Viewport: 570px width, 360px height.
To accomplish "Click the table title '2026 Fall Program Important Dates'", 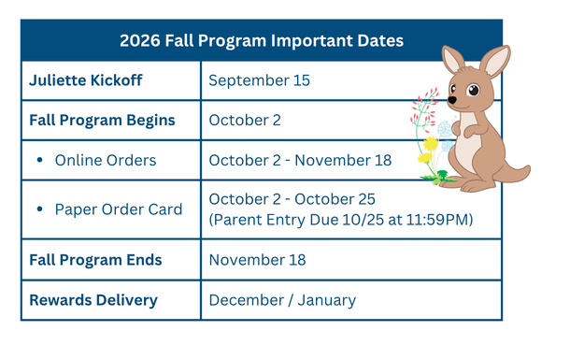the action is (x=262, y=40).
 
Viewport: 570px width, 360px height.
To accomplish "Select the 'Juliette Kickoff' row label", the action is (x=85, y=80).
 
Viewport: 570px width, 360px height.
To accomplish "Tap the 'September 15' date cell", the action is (x=259, y=80).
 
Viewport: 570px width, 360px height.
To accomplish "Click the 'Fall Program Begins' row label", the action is (x=102, y=121).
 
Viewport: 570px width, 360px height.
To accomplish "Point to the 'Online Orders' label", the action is (x=106, y=161).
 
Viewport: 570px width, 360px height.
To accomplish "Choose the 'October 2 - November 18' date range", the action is (x=300, y=161).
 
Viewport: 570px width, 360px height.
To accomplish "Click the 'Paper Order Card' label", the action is (x=119, y=209).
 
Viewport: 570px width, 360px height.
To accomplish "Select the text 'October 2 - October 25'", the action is (x=292, y=199).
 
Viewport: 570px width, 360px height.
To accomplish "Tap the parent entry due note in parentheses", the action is (x=341, y=220).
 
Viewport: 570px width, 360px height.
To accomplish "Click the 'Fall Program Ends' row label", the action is (x=95, y=260).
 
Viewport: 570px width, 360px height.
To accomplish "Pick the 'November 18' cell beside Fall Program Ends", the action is (x=257, y=260).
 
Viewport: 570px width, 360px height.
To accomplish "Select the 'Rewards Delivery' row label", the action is (x=93, y=300).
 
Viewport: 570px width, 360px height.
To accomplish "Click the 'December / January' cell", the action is (x=282, y=300).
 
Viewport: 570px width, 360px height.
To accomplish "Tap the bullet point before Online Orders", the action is (x=39, y=161).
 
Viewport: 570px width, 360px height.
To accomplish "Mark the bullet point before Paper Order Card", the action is (x=39, y=209).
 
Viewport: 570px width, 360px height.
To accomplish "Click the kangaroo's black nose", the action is (x=452, y=100).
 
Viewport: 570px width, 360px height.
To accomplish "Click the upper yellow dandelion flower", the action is (x=431, y=144).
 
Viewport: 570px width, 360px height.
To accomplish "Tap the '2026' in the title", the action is (x=140, y=40).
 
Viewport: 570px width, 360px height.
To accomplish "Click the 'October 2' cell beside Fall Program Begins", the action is (x=245, y=121).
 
